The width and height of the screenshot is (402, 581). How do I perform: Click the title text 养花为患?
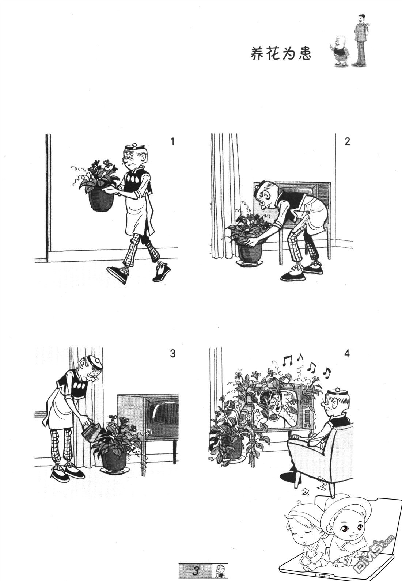pyautogui.click(x=281, y=54)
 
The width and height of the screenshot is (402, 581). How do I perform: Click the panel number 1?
pyautogui.click(x=173, y=142)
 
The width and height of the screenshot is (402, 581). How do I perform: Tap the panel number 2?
pyautogui.click(x=347, y=142)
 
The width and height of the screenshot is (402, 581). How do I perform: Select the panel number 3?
pyautogui.click(x=173, y=353)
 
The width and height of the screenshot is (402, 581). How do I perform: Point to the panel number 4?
pyautogui.click(x=347, y=353)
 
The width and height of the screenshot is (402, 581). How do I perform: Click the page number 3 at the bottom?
pyautogui.click(x=196, y=571)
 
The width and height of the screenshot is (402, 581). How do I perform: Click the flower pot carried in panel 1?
pyautogui.click(x=101, y=199)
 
